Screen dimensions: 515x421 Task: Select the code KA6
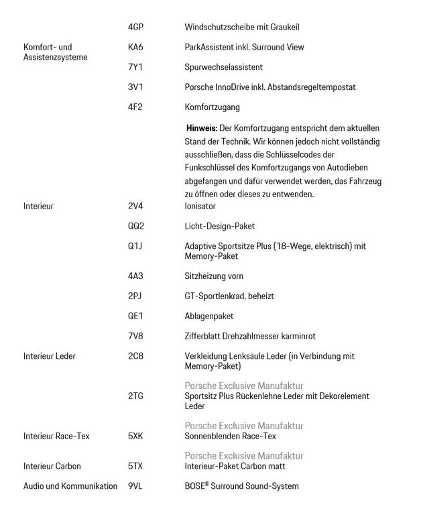(x=135, y=47)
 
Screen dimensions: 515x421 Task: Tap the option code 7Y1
(x=135, y=67)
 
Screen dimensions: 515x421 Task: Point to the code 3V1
(x=135, y=87)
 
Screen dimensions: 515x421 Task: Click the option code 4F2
(x=135, y=107)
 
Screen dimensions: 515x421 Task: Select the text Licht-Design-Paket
(x=219, y=226)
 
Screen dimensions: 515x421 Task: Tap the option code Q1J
(x=135, y=246)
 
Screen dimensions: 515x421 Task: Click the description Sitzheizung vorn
(x=214, y=276)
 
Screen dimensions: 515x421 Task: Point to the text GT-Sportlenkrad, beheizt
(x=229, y=296)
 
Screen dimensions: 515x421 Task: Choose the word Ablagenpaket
(x=208, y=316)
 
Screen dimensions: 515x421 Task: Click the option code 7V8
(x=135, y=335)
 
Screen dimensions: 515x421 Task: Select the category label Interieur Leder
(x=50, y=355)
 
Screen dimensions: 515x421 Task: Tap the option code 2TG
(x=135, y=396)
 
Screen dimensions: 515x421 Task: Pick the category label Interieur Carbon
(x=52, y=466)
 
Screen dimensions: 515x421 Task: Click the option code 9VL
(x=135, y=486)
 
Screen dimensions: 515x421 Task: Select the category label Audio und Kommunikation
(x=70, y=486)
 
